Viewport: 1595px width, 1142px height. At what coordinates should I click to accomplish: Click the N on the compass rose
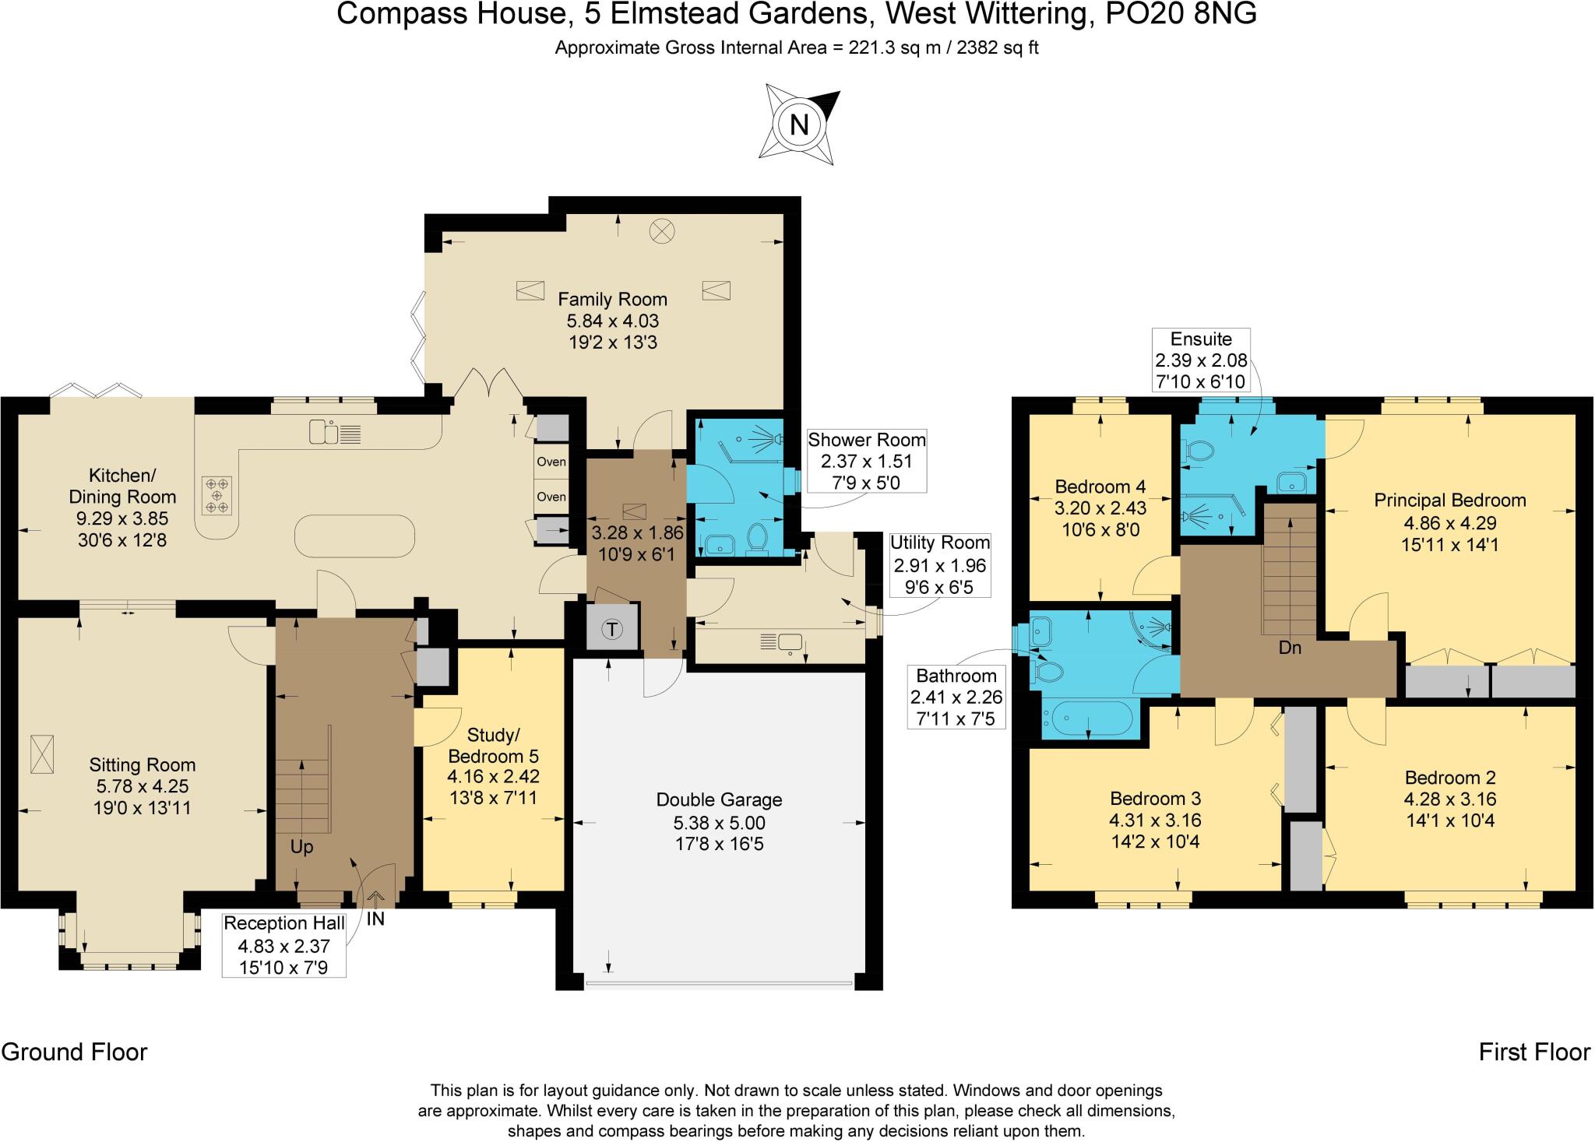(x=799, y=125)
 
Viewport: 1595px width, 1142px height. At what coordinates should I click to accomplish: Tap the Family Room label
(x=612, y=299)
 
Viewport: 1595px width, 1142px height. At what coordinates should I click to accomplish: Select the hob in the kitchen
(x=217, y=496)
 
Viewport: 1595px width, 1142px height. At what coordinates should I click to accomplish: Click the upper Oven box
(x=551, y=462)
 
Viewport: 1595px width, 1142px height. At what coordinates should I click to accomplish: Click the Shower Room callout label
(x=867, y=440)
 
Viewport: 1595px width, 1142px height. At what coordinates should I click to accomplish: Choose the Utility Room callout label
(x=940, y=543)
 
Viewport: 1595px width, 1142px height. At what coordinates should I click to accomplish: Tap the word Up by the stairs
(x=301, y=847)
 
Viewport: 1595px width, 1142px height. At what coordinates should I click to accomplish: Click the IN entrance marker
(x=375, y=919)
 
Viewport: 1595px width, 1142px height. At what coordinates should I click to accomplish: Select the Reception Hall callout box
(x=284, y=945)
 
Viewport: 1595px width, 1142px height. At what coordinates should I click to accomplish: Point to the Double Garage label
(x=719, y=799)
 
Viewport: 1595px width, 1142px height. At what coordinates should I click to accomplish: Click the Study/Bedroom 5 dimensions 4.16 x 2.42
(x=493, y=776)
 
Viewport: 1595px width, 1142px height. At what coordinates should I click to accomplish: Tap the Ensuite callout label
(x=1202, y=339)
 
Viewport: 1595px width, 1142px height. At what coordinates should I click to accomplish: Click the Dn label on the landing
(x=1290, y=647)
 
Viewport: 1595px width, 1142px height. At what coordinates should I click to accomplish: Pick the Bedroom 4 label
(x=1100, y=487)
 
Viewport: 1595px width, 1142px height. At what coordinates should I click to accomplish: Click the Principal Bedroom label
(x=1449, y=500)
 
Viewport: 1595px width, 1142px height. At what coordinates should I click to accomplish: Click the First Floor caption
(x=1534, y=1052)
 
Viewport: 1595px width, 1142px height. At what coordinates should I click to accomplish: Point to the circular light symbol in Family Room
(x=663, y=230)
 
